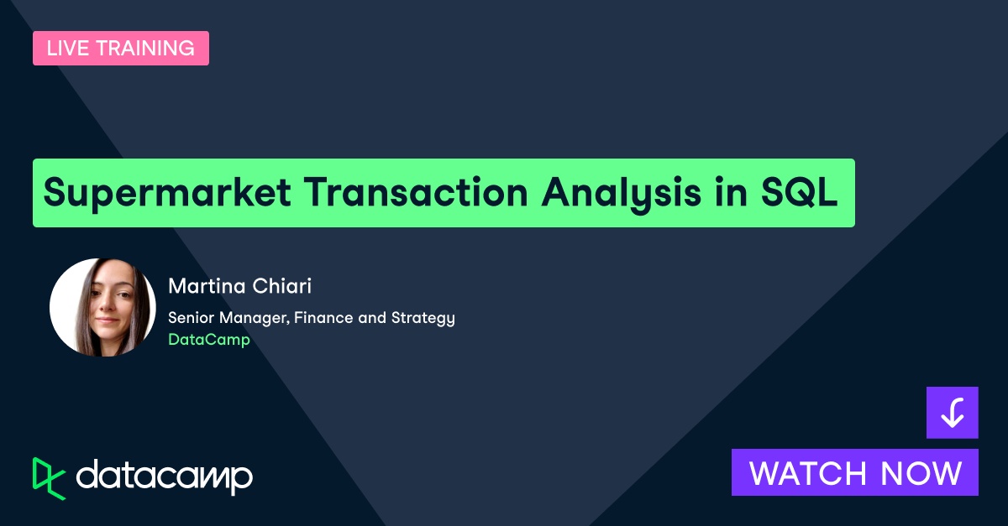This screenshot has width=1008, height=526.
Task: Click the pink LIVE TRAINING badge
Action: click(x=121, y=49)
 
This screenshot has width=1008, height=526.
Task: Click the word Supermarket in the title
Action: click(x=165, y=193)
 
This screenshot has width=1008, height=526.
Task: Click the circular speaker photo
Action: click(x=102, y=307)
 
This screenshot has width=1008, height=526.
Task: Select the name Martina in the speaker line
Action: click(x=204, y=286)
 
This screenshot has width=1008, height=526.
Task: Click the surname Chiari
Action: click(x=280, y=286)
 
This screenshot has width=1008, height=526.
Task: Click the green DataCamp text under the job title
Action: click(x=209, y=340)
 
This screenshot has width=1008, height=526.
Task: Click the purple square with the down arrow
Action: click(x=952, y=412)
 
